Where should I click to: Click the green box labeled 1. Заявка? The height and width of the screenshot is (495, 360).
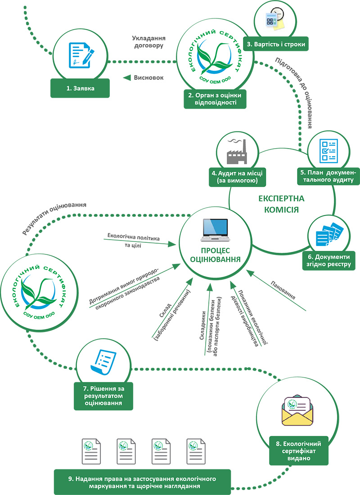tap(80, 88)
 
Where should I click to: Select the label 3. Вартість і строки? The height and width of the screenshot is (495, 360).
tap(276, 44)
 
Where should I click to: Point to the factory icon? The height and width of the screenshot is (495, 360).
tap(237, 151)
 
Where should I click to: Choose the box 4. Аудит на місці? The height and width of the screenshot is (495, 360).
tap(237, 177)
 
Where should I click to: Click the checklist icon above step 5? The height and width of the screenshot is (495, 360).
tap(328, 151)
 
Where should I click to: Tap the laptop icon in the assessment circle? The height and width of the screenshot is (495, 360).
tap(215, 230)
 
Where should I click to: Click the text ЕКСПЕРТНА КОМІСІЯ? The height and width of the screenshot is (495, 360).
tap(281, 204)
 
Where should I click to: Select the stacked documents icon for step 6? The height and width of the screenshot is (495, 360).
tap(329, 235)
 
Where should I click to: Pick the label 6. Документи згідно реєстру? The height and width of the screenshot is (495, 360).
tap(329, 261)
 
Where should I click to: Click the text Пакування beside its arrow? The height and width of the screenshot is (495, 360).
tap(283, 290)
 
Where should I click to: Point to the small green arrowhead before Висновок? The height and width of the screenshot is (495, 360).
tap(127, 77)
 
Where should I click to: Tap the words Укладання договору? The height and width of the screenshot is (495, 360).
tap(148, 42)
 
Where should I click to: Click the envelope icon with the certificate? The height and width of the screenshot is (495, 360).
tap(297, 410)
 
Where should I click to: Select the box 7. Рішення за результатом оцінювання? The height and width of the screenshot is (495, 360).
tap(103, 396)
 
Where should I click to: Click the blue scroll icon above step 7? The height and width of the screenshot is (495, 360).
tap(103, 362)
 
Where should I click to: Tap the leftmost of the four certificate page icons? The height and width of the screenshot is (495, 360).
tap(91, 451)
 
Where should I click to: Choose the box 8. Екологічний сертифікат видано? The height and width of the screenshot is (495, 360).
tap(298, 451)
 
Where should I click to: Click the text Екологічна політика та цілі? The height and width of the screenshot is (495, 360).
tap(134, 240)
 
